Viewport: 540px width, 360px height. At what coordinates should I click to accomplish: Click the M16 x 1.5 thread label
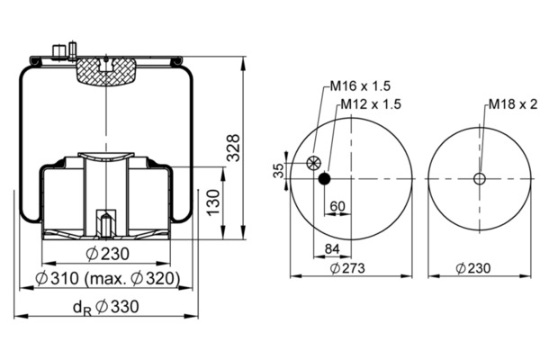pos(360,85)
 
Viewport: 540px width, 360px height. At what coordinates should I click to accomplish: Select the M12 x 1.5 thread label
pos(371,103)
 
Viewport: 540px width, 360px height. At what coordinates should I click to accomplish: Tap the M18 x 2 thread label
pos(513,103)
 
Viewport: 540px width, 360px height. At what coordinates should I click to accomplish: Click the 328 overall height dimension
pos(234,148)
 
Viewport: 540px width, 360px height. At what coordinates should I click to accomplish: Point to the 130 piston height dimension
pos(213,202)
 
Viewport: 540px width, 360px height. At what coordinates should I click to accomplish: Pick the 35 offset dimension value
pos(279,170)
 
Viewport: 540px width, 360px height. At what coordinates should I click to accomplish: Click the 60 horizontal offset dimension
pos(337,206)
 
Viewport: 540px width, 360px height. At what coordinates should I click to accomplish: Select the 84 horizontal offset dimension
pos(332,248)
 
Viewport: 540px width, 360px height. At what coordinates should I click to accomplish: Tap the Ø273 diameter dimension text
pos(347,268)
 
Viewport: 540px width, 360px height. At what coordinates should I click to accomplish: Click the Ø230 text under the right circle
pos(472,268)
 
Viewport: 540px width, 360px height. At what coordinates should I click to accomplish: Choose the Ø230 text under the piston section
pos(107,254)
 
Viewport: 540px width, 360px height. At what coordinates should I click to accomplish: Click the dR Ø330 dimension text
pos(106,307)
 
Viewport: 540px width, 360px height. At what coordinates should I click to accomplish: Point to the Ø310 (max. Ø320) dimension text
pos(107,278)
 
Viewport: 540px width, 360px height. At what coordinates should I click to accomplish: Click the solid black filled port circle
pos(324,179)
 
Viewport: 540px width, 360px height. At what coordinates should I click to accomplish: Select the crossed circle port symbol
pos(313,163)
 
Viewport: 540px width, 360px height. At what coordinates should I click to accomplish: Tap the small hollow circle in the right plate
pos(480,179)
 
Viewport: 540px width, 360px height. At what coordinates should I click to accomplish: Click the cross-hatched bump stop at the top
pos(106,72)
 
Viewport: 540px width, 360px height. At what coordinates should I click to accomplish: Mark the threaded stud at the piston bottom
pos(106,225)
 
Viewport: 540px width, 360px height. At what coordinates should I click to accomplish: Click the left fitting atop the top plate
pos(58,50)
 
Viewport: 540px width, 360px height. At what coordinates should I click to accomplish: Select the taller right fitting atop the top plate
pos(73,50)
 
